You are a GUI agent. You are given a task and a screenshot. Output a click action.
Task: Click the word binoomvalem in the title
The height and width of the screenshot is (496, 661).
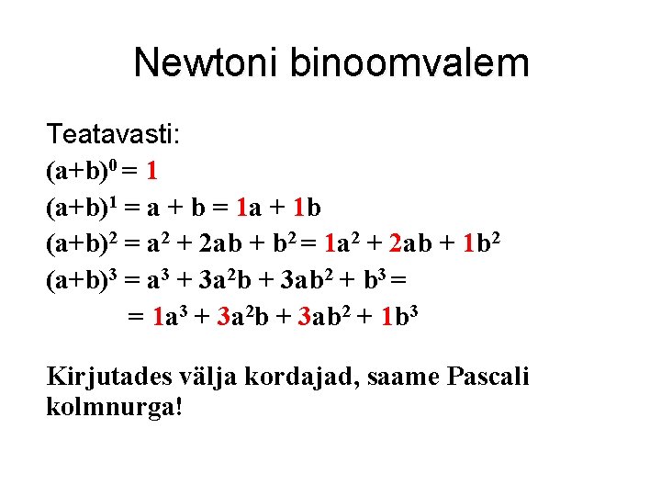point(409,63)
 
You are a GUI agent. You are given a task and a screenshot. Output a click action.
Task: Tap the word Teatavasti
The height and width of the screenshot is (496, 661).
point(114,135)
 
